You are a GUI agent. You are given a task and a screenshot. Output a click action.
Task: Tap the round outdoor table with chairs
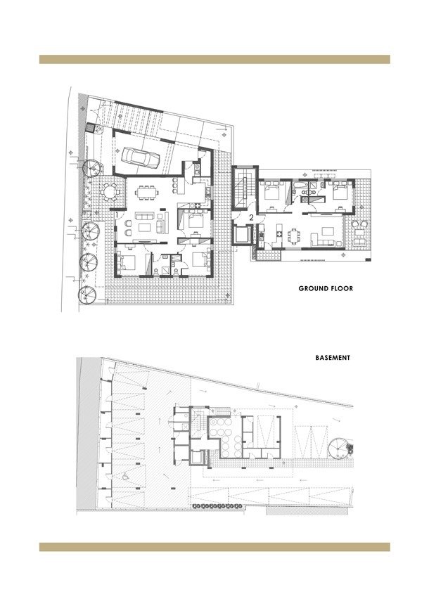point(110,191)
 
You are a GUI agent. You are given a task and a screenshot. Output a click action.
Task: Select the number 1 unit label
point(117,214)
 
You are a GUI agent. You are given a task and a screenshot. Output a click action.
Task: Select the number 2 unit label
point(251,218)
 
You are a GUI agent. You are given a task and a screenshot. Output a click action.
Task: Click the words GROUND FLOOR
point(326,288)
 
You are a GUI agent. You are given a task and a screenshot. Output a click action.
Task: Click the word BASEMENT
point(333,358)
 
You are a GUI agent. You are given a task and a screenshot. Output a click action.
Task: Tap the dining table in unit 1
point(146,193)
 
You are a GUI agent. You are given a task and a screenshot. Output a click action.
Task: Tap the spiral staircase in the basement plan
point(339,449)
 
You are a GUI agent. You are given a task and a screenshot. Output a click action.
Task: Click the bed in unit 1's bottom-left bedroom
point(127,262)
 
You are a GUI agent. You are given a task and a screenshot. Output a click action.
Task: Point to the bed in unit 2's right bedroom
point(340,191)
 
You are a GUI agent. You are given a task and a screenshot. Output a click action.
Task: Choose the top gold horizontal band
point(214,59)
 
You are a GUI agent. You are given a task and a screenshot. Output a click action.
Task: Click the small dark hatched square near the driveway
point(89,127)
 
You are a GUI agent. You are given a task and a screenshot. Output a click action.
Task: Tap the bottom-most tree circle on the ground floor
point(87,295)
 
